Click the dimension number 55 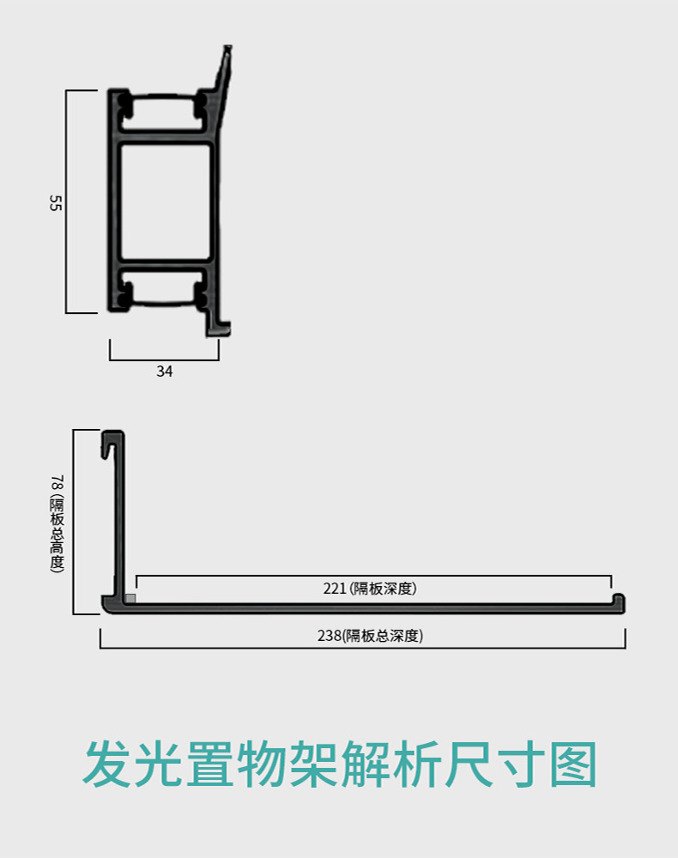click(56, 203)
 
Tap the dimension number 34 click(164, 372)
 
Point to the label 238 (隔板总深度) click(370, 636)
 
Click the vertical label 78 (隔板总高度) click(57, 523)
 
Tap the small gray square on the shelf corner click(130, 598)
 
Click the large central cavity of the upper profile click(165, 202)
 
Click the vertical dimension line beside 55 click(67, 202)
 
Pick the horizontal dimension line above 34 click(164, 360)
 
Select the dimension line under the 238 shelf click(362, 647)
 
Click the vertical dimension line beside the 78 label click(74, 522)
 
